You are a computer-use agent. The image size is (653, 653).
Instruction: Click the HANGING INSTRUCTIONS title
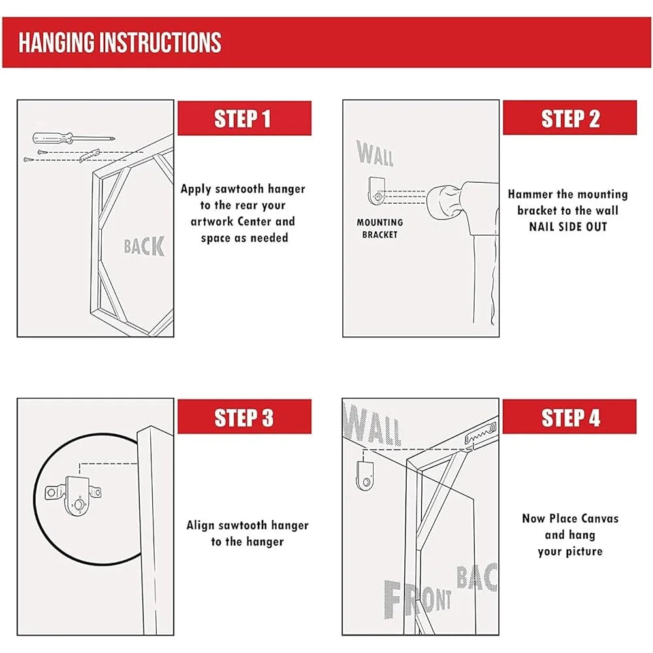(x=120, y=42)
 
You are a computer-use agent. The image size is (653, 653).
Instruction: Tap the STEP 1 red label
(x=244, y=118)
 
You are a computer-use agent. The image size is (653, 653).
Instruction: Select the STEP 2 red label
(x=569, y=118)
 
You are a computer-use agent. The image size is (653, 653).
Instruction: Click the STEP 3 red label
(x=244, y=417)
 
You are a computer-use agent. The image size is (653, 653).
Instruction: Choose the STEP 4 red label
(x=569, y=417)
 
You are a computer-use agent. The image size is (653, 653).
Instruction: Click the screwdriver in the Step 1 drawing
(x=73, y=138)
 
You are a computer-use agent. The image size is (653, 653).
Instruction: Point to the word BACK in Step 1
(x=144, y=246)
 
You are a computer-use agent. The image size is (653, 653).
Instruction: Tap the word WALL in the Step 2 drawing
(x=375, y=153)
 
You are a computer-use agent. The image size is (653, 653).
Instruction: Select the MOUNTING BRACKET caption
(x=380, y=229)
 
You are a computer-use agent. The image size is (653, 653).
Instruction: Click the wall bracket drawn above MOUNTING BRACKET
(x=377, y=191)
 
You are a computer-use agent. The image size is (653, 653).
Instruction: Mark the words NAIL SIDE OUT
(x=568, y=227)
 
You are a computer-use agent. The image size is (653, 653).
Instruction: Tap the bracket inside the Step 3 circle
(x=74, y=496)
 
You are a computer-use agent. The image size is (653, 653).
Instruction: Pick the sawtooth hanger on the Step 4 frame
(x=481, y=434)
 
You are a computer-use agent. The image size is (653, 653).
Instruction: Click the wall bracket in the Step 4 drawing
(x=364, y=475)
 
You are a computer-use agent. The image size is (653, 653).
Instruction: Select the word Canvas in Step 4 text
(x=599, y=518)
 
